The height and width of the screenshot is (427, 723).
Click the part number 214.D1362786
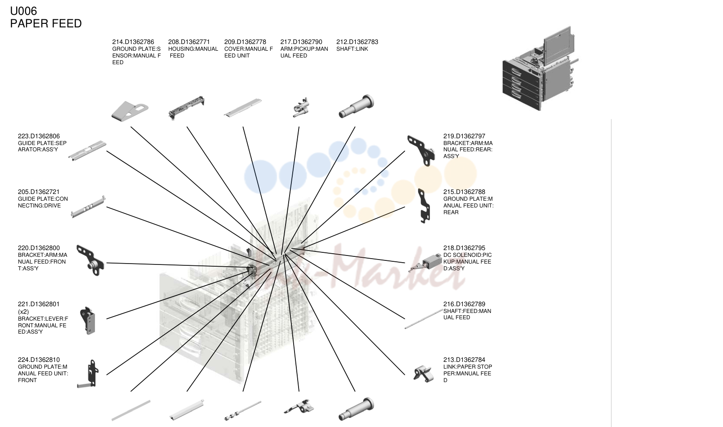[133, 42]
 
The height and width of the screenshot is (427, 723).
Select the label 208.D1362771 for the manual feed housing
[189, 42]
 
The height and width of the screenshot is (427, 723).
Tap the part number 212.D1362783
[357, 42]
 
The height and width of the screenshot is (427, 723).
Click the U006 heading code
[23, 11]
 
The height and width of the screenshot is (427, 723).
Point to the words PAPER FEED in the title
[46, 23]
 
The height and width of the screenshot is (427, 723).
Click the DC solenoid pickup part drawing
[425, 263]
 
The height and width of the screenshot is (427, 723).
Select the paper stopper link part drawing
[423, 374]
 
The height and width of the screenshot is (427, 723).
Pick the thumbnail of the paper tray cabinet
[540, 68]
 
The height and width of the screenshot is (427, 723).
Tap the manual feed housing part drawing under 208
[187, 108]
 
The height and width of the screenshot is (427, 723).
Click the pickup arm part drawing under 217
[301, 107]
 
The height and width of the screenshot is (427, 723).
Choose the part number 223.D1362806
[39, 136]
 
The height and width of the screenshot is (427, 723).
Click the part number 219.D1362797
[464, 136]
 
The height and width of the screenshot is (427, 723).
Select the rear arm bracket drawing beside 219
[421, 150]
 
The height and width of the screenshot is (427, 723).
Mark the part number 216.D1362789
[464, 304]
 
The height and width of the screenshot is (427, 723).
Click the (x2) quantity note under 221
[23, 312]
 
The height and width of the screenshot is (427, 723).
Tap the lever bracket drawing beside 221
[88, 321]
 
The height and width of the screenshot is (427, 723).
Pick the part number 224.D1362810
[39, 360]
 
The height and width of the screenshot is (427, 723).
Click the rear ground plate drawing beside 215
[424, 206]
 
